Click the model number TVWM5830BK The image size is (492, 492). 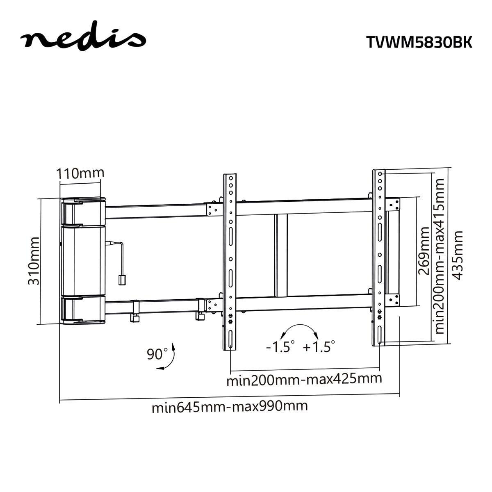point(419,42)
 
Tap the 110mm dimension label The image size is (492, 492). point(80,173)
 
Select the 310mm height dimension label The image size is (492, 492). point(33,261)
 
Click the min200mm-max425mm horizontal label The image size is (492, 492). point(304,379)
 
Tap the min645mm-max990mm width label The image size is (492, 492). point(230,407)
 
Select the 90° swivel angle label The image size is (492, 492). point(157,353)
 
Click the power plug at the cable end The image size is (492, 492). point(122,280)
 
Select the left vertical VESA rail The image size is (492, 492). point(230,262)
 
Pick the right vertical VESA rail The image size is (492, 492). point(379,258)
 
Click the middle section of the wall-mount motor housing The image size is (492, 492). point(82,260)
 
